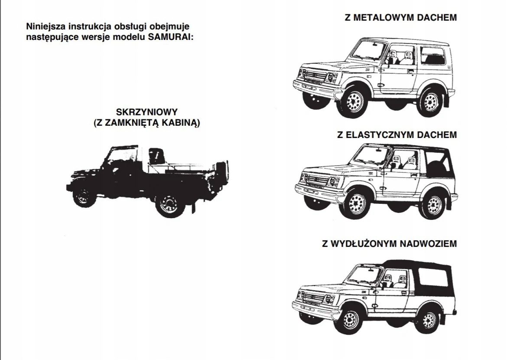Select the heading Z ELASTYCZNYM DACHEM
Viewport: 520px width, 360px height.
pos(397,135)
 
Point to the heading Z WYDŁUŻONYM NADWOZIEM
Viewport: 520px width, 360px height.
pos(389,243)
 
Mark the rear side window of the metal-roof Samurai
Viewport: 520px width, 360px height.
pos(433,57)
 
